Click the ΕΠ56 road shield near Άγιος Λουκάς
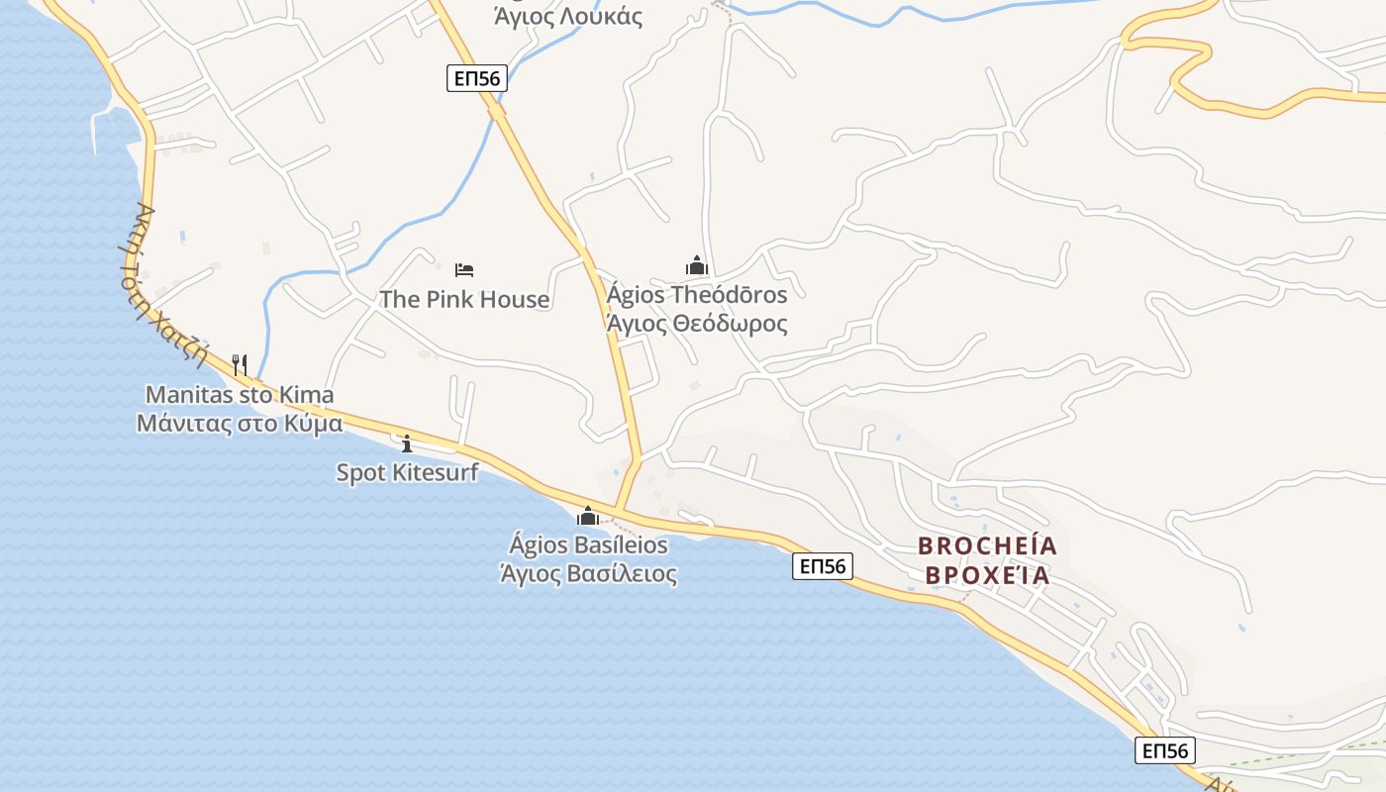(477, 78)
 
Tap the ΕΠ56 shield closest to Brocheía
(822, 566)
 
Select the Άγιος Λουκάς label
(568, 17)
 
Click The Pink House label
(464, 299)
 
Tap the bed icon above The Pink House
(464, 269)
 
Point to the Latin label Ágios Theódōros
(697, 295)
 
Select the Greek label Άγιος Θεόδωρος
(697, 324)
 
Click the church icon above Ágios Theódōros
(697, 265)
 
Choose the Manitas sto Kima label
(240, 395)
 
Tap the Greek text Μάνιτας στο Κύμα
(240, 424)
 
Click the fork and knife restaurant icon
(240, 364)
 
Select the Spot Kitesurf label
(407, 472)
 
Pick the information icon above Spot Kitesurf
(406, 444)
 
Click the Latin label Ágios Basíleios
(588, 545)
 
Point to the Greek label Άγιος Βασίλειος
(588, 573)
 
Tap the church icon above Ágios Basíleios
(588, 516)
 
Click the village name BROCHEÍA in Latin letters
(987, 545)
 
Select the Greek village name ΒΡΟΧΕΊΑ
(987, 575)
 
